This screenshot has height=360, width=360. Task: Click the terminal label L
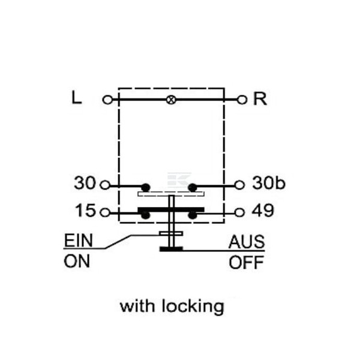tap(77, 97)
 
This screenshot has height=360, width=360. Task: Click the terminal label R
tap(260, 99)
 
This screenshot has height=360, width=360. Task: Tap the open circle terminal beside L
tap(107, 100)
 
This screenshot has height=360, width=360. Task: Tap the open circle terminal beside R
tap(242, 100)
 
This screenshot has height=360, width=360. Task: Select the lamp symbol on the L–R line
tap(171, 100)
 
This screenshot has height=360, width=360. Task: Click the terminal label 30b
tap(269, 183)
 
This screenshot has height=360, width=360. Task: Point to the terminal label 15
tap(85, 210)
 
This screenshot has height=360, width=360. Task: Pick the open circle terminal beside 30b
tap(239, 185)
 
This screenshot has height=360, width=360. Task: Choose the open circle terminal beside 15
tap(105, 212)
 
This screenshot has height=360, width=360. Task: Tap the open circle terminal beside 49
tap(239, 212)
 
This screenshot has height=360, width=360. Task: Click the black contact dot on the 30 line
tap(146, 188)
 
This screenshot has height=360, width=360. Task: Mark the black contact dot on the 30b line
tap(193, 188)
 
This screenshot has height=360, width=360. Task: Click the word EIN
tap(79, 241)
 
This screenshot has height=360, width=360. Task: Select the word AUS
tap(247, 242)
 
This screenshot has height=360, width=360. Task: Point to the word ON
tap(77, 262)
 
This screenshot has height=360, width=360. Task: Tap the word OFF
tap(246, 262)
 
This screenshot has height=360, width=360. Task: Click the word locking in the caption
tap(193, 307)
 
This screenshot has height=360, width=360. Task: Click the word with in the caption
tap(137, 306)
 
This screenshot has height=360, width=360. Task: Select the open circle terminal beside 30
tap(105, 185)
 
